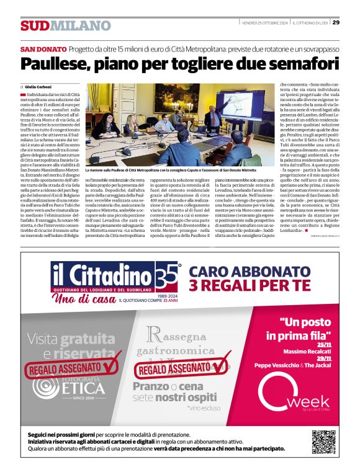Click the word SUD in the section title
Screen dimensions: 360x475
(34, 26)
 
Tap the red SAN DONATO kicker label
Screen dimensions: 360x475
(43, 49)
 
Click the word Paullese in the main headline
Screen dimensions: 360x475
(58, 64)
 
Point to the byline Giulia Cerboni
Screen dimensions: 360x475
(38, 87)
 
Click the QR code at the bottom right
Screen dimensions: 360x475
(323, 442)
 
